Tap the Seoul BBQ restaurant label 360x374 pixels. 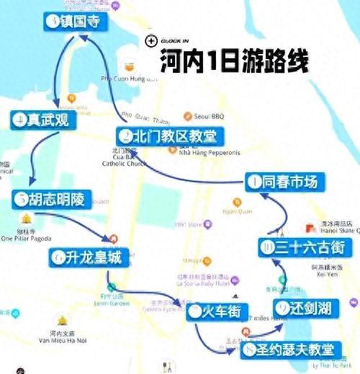(208, 115)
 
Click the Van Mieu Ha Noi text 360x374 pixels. (61, 340)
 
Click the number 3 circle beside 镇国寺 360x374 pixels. (52, 22)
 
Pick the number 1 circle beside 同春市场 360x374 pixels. (253, 182)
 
